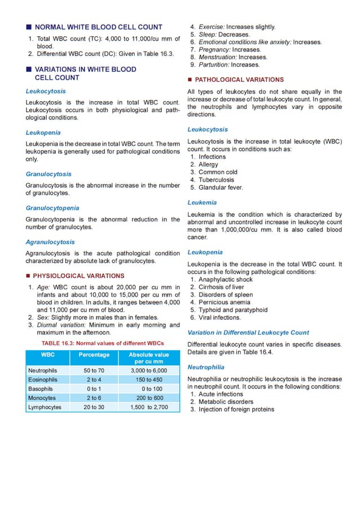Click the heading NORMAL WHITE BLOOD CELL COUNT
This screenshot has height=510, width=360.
coord(99,27)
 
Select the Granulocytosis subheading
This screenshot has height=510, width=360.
coord(49,174)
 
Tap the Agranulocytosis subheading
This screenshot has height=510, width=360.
coord(50,242)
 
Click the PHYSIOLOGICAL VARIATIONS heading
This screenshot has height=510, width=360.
coord(78,276)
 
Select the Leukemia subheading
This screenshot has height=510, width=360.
coord(202,202)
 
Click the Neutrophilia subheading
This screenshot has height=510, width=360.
coord(206,367)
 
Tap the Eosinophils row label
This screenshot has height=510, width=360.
coord(43,380)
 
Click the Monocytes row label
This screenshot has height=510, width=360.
coord(42,398)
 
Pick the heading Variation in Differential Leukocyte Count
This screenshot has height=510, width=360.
coord(248,333)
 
